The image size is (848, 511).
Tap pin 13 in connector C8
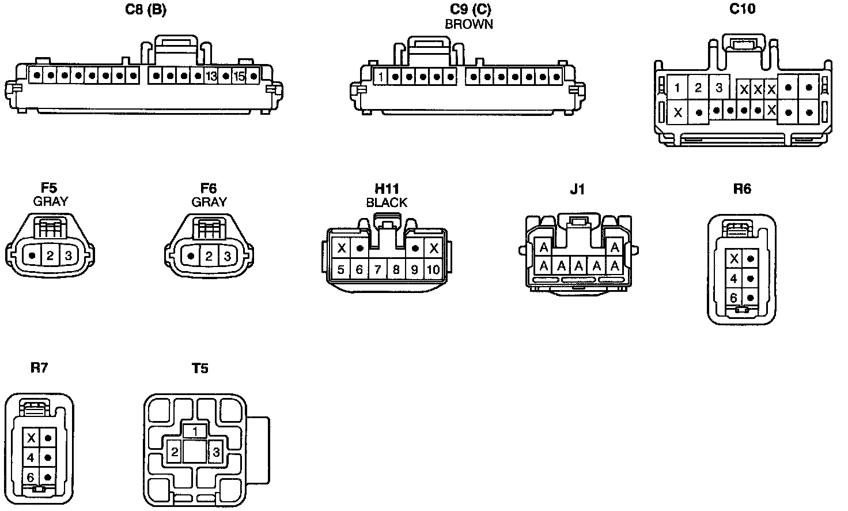pos(211,76)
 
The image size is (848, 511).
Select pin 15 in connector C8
pos(239,76)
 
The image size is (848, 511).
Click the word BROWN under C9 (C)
pos(469,24)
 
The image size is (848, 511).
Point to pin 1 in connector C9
pos(381,76)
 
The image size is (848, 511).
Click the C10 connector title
pos(743,9)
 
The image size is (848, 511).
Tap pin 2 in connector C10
pos(698,88)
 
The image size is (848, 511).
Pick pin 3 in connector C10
pos(719,88)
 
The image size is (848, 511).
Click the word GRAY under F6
pos(209,202)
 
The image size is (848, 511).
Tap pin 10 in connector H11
pos(433,269)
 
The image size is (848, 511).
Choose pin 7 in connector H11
pos(378,269)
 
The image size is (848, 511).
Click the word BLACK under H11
pos(387,202)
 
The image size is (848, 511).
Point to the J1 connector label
pos(577,189)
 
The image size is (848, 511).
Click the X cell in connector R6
pos(734,259)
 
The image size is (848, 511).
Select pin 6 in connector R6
pos(734,298)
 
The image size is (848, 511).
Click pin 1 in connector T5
pos(195,431)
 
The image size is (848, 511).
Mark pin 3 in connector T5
pos(215,452)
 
